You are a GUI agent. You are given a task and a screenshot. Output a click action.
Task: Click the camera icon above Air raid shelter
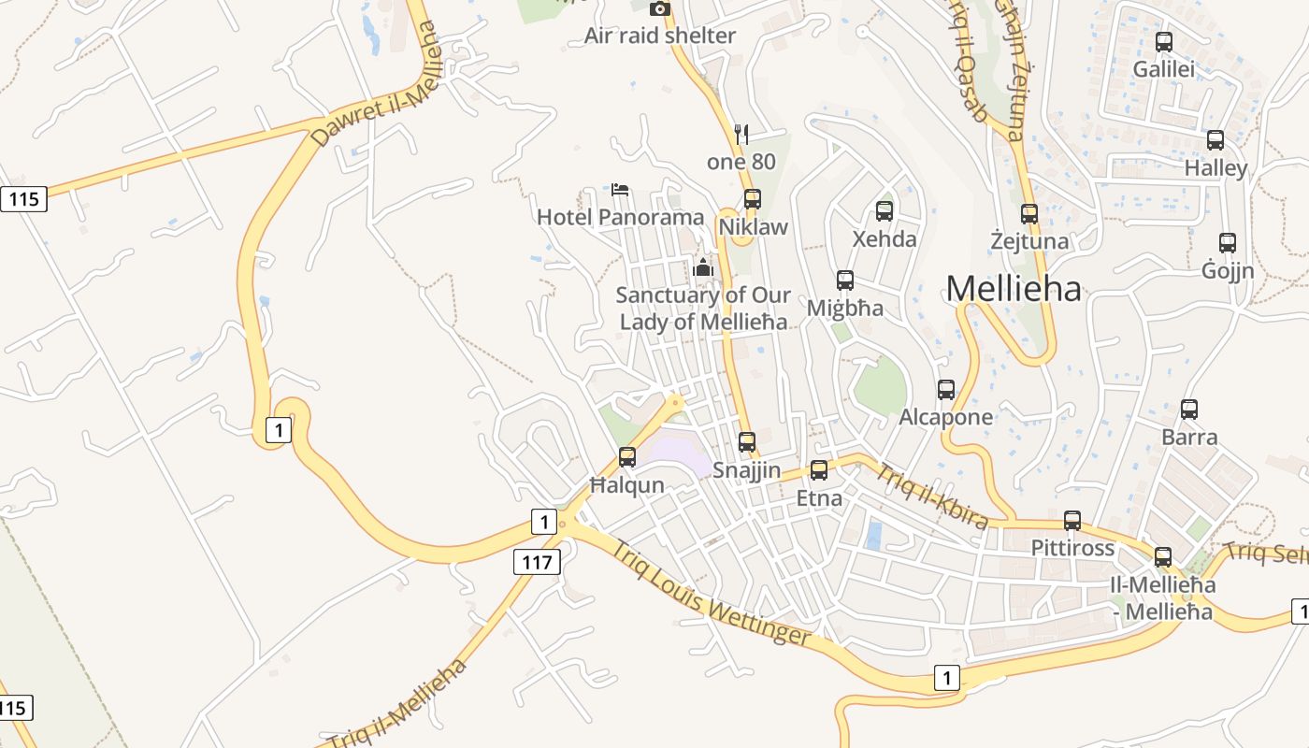point(660,9)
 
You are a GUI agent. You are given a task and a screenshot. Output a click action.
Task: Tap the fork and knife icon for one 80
point(741,135)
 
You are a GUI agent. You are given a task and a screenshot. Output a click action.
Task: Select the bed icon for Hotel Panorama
point(620,190)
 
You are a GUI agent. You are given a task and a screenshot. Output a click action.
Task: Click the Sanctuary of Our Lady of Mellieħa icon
point(703,268)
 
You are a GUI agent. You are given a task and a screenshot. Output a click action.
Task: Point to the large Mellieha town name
point(1014,289)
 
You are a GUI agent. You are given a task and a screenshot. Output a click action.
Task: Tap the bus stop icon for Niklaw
point(753,199)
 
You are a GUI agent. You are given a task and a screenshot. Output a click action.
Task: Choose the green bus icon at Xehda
point(885,211)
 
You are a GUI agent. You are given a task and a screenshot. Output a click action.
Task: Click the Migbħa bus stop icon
point(845,280)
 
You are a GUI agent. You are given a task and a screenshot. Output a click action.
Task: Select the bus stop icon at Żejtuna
point(1029,214)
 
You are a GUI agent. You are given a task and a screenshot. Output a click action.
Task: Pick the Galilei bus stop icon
point(1164,42)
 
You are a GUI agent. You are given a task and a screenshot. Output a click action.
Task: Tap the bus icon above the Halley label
point(1215,140)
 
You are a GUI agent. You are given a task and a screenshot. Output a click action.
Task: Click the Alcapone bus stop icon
point(946,390)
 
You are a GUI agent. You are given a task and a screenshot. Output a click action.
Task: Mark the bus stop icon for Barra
point(1189,410)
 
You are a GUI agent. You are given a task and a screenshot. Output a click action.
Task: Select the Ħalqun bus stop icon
point(627,457)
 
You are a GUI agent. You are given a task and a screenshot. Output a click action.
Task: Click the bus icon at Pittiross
point(1072,521)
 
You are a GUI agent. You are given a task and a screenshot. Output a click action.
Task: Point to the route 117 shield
point(537,562)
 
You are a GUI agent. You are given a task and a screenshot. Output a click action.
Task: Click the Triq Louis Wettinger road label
point(711,593)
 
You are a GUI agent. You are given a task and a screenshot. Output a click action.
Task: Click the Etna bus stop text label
point(819,498)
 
